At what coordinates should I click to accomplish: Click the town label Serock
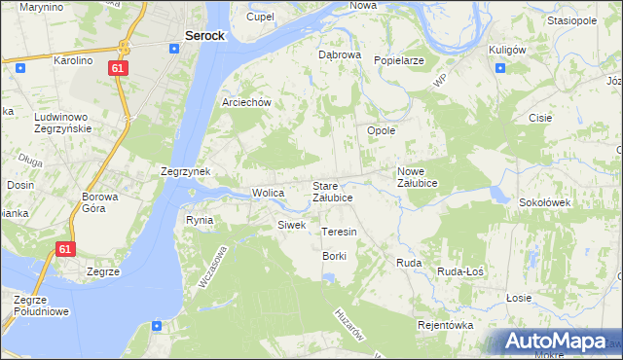(204, 36)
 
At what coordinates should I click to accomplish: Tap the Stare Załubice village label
(332, 191)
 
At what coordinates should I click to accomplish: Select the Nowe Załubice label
(418, 177)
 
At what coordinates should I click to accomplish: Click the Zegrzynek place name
(186, 171)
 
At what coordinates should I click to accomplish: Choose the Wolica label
(268, 193)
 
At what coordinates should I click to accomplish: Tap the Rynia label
(200, 220)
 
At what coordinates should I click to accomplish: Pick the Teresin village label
(339, 232)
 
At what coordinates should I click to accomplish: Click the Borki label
(335, 255)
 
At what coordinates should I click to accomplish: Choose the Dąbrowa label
(340, 55)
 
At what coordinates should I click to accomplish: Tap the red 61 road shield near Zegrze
(64, 249)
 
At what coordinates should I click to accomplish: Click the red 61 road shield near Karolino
(117, 69)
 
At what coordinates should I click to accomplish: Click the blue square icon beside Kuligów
(499, 68)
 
